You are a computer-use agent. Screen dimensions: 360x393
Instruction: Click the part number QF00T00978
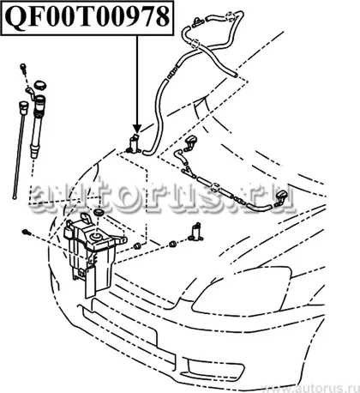(x=87, y=17)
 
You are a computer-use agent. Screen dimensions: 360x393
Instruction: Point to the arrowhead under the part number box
(x=137, y=129)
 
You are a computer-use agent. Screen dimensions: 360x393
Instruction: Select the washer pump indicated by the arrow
(x=134, y=143)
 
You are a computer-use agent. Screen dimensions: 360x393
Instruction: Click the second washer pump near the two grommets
(x=196, y=232)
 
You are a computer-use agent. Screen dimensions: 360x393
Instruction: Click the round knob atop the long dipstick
(x=23, y=107)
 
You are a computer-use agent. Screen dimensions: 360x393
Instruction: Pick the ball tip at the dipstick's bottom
(x=14, y=196)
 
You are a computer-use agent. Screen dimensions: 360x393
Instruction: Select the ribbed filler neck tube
(x=38, y=127)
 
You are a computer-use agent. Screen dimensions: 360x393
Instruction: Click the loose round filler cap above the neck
(x=40, y=85)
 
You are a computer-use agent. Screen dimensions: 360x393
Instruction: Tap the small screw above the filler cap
(x=23, y=68)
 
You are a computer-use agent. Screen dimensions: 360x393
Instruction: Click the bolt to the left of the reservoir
(x=27, y=233)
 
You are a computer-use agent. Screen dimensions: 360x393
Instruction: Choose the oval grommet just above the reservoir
(x=99, y=213)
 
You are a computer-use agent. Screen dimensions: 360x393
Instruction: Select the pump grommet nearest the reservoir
(x=138, y=245)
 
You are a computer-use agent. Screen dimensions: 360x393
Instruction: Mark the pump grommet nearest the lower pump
(x=172, y=244)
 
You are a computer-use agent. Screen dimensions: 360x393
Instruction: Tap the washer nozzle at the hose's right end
(x=282, y=198)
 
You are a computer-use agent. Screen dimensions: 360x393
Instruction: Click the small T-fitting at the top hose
(x=198, y=21)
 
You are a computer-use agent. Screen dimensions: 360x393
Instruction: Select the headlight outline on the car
(x=243, y=289)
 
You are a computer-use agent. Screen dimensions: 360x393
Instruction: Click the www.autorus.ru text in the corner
(x=311, y=388)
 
